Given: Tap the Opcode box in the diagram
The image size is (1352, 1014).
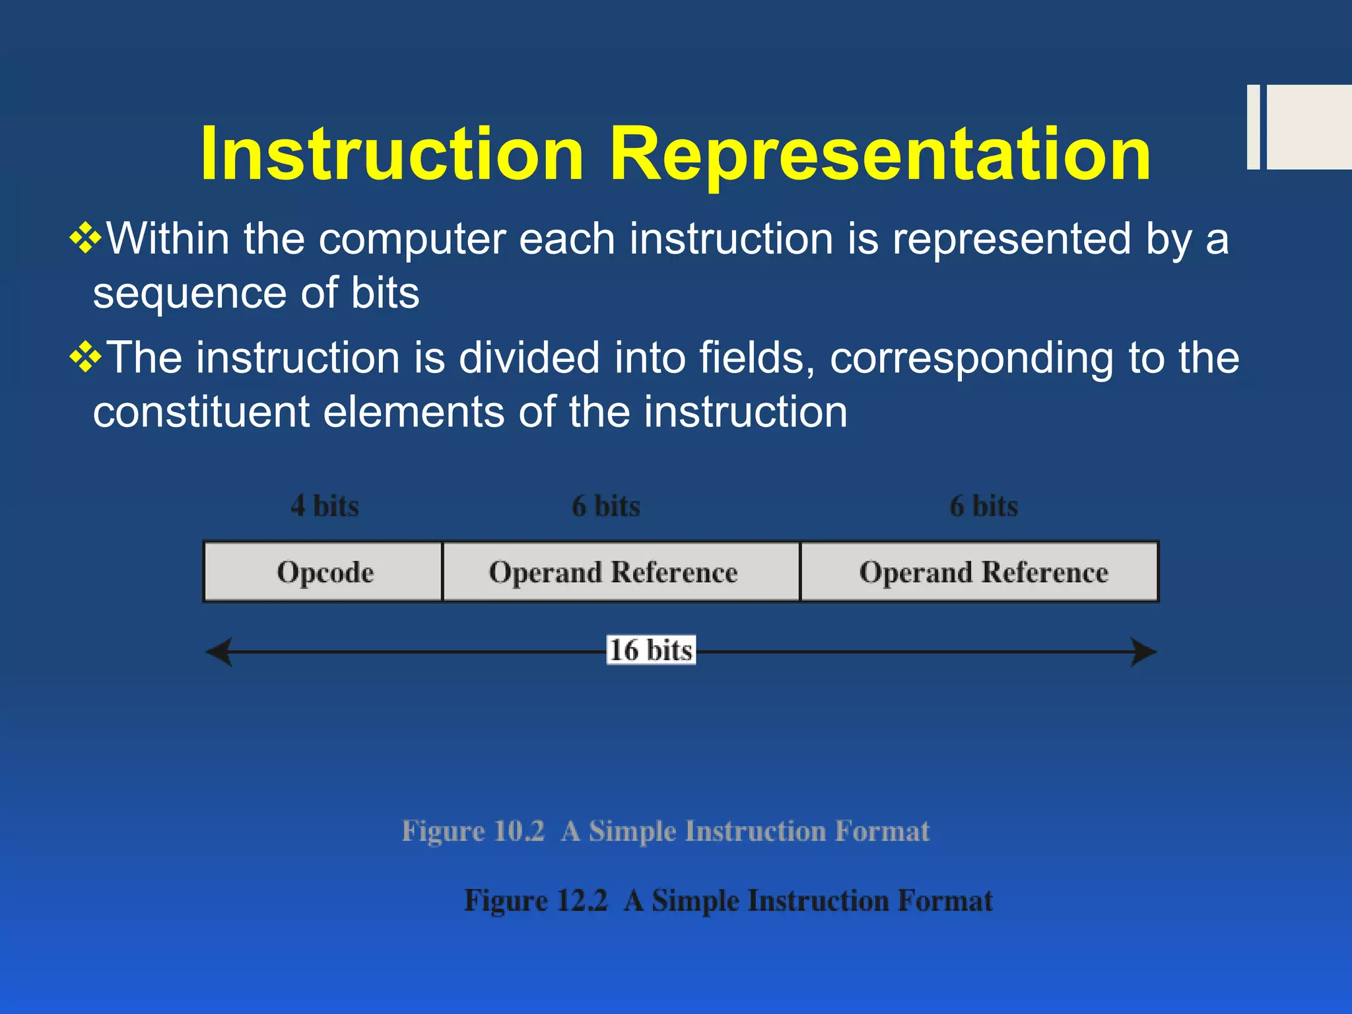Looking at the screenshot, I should click(323, 572).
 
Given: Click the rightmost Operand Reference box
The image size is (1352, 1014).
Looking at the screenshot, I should click(980, 572).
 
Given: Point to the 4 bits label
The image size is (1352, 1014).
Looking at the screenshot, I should click(325, 506).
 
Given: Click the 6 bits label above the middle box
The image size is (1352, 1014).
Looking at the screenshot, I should click(606, 506).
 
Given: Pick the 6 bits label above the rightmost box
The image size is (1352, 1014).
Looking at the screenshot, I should click(984, 506).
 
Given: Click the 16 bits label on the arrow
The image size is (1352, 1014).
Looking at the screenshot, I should click(651, 650).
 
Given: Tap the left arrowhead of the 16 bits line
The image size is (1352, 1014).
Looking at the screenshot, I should click(218, 652).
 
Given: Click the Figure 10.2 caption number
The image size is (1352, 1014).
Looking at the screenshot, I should click(518, 830).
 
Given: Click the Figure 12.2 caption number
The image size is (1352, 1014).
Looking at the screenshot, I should click(581, 900).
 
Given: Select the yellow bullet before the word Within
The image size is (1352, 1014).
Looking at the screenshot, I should click(86, 238).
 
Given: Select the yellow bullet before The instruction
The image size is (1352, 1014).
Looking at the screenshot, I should click(86, 358).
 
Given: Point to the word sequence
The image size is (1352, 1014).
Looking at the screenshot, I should click(189, 294).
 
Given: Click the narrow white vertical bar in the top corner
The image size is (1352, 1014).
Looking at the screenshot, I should click(1253, 127).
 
